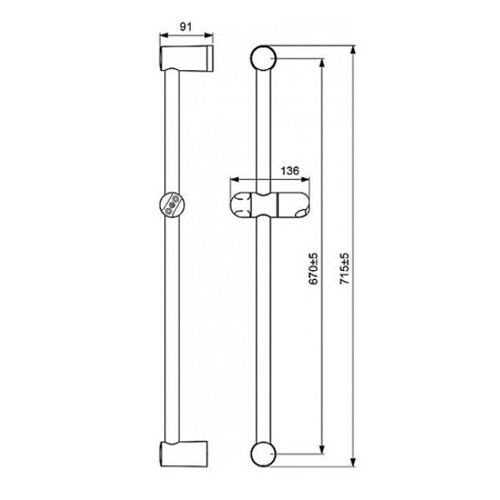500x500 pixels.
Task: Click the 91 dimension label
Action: click(x=186, y=27)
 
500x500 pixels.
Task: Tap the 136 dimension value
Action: click(x=290, y=171)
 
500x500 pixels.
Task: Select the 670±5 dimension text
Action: click(x=313, y=268)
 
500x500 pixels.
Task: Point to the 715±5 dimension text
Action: click(x=345, y=268)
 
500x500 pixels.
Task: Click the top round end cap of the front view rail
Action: click(x=263, y=58)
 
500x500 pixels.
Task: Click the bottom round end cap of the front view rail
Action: click(x=263, y=454)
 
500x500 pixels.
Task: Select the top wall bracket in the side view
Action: click(x=186, y=59)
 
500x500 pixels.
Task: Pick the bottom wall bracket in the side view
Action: click(x=183, y=454)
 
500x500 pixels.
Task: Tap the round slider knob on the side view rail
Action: click(x=172, y=205)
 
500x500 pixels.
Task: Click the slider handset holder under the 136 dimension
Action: click(x=270, y=205)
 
